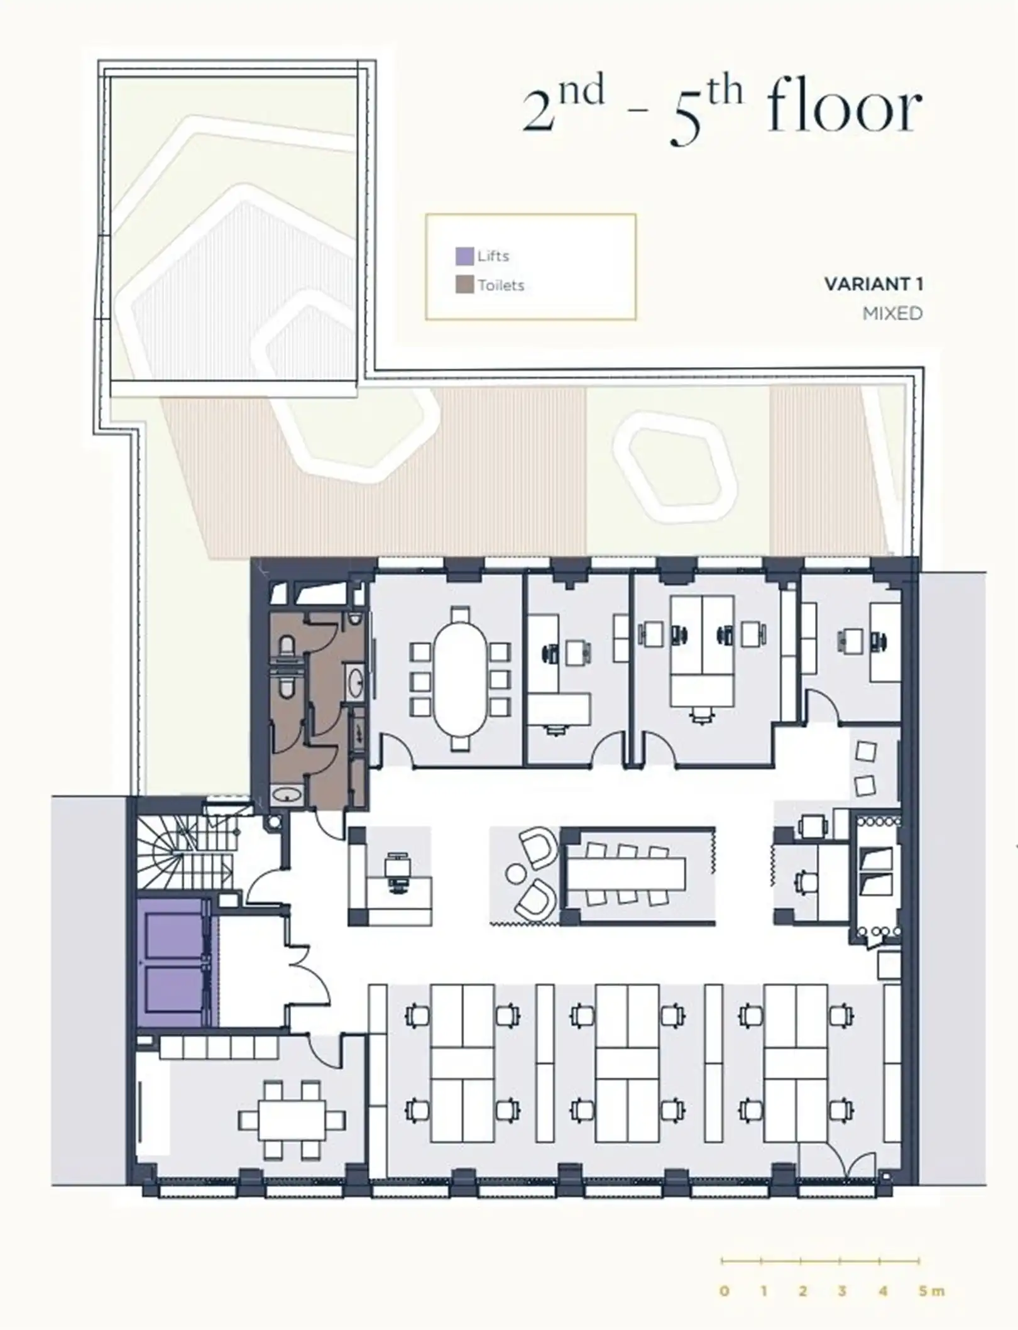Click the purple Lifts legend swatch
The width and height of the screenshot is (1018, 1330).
pyautogui.click(x=464, y=256)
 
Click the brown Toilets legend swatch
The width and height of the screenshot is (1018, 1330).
pyautogui.click(x=464, y=285)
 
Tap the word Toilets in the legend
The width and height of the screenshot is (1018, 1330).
pyautogui.click(x=501, y=285)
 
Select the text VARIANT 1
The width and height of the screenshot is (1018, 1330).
pyautogui.click(x=873, y=284)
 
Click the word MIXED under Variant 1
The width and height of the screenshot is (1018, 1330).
pyautogui.click(x=892, y=313)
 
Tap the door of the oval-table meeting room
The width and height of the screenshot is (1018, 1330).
pyautogui.click(x=397, y=752)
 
